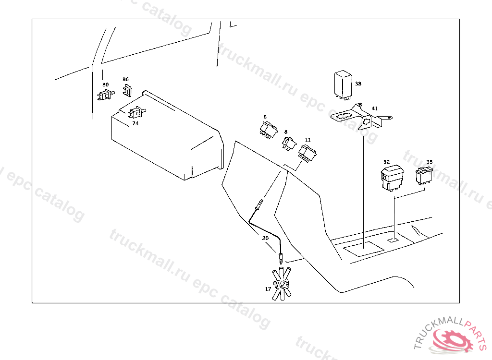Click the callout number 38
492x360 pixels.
coord(358,84)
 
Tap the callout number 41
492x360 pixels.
coord(374,108)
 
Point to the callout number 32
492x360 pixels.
coord(387,162)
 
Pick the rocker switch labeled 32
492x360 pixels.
coord(392,178)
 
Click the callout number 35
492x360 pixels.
coord(429,162)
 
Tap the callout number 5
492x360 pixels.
coord(265,117)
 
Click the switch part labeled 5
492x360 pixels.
coord(268,130)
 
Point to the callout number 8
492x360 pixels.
coord(286,132)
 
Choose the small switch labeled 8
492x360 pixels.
coord(289,143)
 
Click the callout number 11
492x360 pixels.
coord(307,140)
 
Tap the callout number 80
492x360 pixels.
coord(105,84)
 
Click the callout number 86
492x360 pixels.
coord(125,79)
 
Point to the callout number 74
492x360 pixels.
coord(135,123)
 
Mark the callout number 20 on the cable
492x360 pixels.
coord(265,238)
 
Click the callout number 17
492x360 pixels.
coord(268,289)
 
